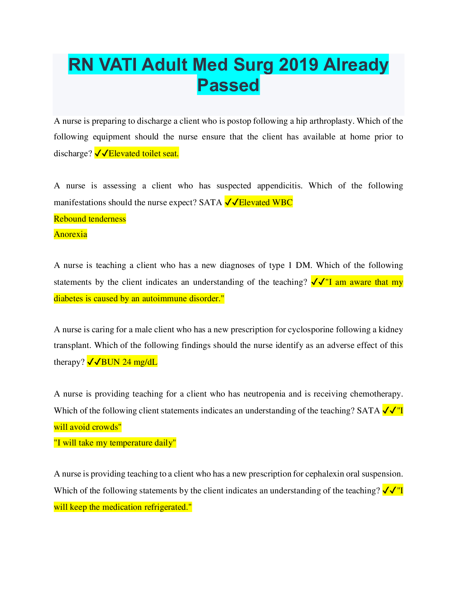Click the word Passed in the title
228,85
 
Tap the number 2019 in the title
298,65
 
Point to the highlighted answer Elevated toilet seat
144,153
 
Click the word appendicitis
278,186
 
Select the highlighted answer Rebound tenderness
90,219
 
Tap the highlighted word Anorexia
71,234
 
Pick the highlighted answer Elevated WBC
265,202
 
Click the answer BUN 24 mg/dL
129,362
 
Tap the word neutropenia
264,394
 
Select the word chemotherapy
376,394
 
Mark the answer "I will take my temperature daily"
115,443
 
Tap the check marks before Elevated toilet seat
101,153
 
